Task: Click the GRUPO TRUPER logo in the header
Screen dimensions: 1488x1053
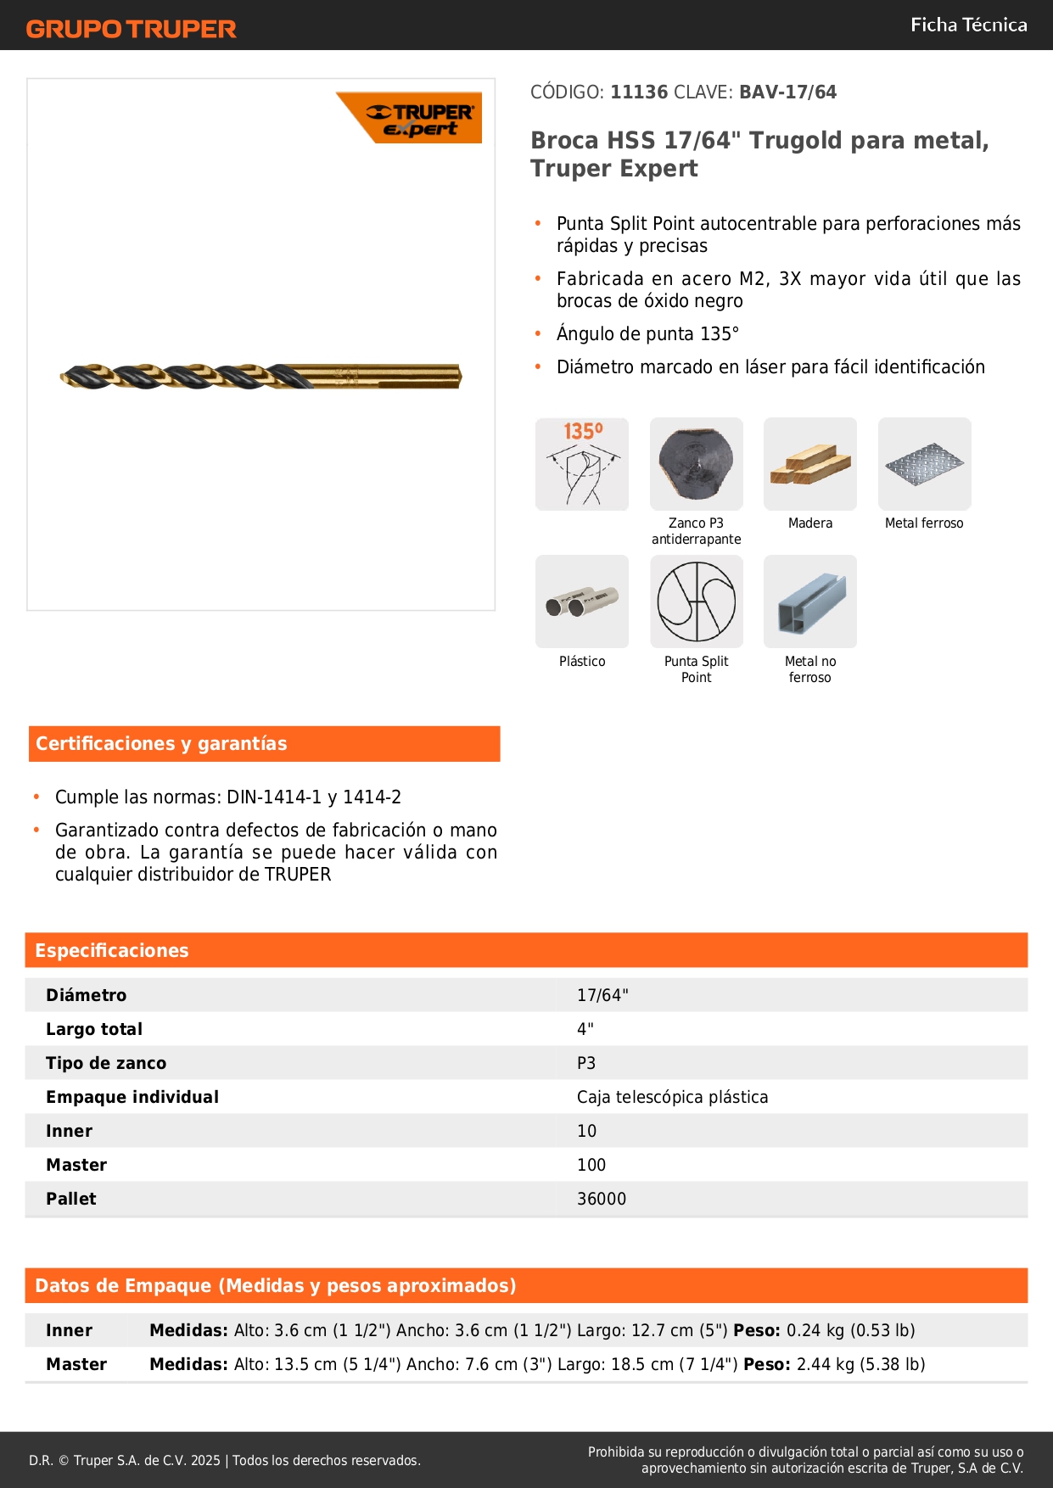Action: point(131,29)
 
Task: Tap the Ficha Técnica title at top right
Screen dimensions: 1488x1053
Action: point(968,25)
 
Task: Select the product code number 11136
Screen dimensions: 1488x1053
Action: point(639,92)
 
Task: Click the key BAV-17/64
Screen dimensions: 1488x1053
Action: point(787,92)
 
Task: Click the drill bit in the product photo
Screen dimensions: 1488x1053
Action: point(260,376)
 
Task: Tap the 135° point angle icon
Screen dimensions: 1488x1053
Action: point(582,464)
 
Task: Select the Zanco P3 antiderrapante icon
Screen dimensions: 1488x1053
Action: point(696,464)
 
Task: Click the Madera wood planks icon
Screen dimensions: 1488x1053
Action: point(809,464)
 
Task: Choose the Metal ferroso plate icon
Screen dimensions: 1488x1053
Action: point(924,464)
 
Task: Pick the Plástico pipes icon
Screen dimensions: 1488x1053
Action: point(582,601)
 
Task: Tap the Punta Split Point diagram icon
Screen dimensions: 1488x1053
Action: point(696,601)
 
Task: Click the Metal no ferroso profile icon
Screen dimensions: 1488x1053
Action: point(809,601)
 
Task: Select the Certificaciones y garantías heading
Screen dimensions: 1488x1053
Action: point(161,743)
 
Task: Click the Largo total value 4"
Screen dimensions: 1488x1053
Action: point(585,1029)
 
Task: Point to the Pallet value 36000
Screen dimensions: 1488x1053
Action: point(602,1199)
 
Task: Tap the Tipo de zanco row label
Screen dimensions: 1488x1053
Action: point(106,1063)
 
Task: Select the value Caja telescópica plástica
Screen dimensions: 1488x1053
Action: point(672,1097)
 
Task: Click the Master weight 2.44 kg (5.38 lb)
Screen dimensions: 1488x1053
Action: point(860,1364)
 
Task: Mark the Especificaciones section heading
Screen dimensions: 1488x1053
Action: point(112,950)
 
